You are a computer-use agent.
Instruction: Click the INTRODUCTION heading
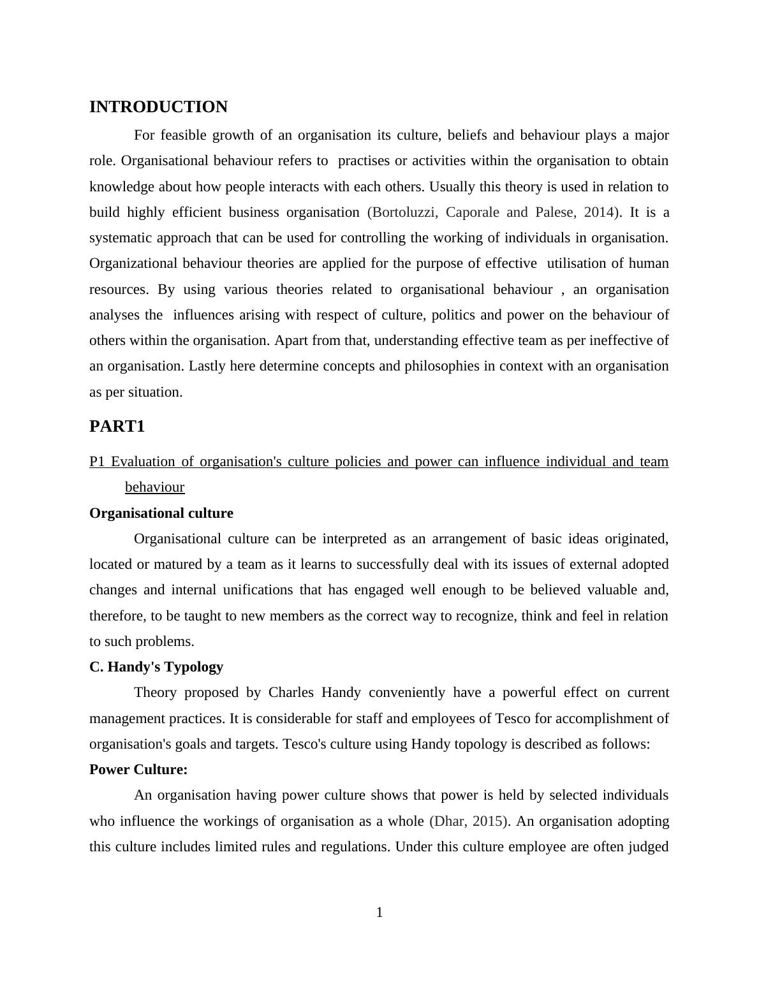pyautogui.click(x=158, y=107)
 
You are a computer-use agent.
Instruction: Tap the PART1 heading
pyautogui.click(x=117, y=427)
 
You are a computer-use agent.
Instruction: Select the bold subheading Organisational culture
pyautogui.click(x=161, y=513)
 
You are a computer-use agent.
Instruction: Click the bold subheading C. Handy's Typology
pyautogui.click(x=156, y=667)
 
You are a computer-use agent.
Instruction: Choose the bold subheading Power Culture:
pyautogui.click(x=138, y=770)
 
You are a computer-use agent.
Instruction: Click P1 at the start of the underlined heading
pyautogui.click(x=97, y=462)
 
